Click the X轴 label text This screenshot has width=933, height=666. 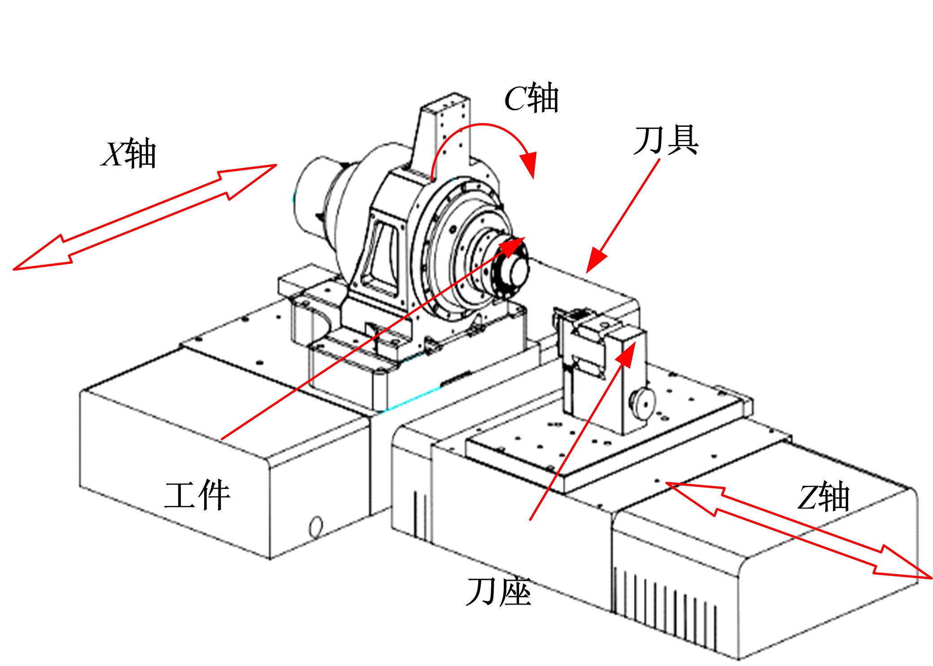129,153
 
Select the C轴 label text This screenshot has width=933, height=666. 532,97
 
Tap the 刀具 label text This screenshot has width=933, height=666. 666,140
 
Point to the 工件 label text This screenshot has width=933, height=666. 197,495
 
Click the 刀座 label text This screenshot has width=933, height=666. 499,592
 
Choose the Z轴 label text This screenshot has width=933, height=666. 824,497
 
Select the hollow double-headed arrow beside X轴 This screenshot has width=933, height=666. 144,217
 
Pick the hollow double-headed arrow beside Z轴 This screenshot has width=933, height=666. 799,530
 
